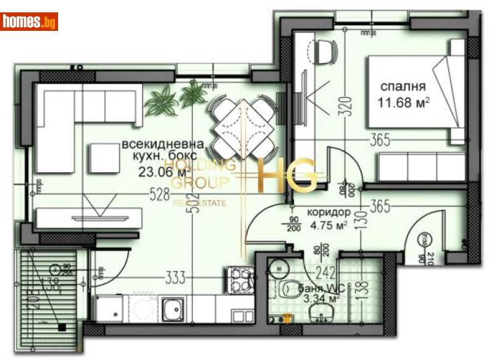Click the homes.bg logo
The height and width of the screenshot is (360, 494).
click(x=30, y=22)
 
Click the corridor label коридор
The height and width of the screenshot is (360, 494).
click(x=329, y=212)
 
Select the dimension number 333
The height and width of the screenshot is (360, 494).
click(x=176, y=278)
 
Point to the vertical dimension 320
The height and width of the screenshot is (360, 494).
click(x=345, y=107)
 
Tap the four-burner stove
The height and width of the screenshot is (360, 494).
click(x=240, y=279)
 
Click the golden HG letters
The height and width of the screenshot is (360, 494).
click(x=287, y=175)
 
